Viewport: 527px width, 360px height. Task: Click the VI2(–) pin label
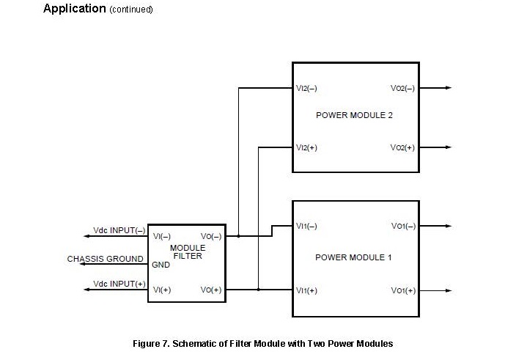306,89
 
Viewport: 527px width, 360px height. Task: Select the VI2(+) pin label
306,147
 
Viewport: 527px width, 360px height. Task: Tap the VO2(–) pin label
402,89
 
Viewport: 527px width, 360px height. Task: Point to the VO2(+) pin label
402,147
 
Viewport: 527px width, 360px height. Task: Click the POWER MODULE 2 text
354,115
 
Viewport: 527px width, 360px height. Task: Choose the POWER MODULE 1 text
353,257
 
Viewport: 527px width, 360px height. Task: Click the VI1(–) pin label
306,227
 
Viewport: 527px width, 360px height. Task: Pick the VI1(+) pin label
306,291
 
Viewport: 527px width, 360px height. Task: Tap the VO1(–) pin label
403,227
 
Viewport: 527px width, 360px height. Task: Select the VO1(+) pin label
403,291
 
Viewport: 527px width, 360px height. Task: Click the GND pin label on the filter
161,265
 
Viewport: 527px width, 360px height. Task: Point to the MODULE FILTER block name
188,252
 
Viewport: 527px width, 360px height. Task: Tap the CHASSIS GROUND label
106,259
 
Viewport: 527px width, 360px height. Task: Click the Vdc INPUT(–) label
119,230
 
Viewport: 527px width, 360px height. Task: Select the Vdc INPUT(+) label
119,284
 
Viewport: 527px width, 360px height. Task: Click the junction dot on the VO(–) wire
239,236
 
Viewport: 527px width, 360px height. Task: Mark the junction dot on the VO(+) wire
259,290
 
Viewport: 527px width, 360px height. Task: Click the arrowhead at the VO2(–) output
449,88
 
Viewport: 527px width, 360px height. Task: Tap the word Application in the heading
75,8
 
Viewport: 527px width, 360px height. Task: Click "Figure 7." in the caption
151,344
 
